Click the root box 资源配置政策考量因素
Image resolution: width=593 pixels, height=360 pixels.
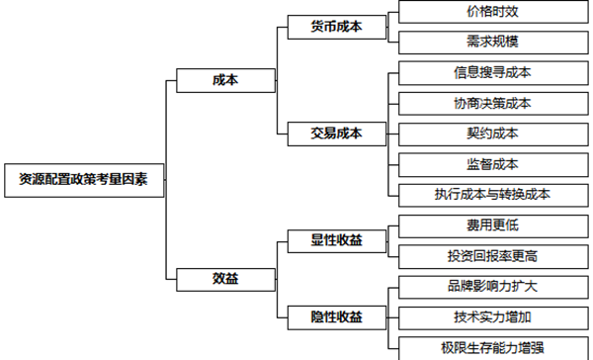[84, 180]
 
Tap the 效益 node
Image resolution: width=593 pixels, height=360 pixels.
[225, 279]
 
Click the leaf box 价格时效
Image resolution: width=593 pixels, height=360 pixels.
[492, 13]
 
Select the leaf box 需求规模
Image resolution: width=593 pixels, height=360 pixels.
[492, 43]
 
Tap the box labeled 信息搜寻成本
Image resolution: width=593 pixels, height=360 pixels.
[492, 72]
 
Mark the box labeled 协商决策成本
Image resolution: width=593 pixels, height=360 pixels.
[492, 103]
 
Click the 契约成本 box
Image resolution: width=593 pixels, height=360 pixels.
[492, 133]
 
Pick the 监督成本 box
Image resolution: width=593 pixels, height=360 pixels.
[492, 164]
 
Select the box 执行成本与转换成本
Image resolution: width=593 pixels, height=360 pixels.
[492, 195]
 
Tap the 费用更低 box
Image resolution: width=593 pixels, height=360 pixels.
[492, 225]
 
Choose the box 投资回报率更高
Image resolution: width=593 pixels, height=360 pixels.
[492, 256]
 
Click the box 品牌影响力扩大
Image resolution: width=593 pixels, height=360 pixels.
[492, 287]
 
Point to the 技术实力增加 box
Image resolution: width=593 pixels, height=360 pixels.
[492, 316]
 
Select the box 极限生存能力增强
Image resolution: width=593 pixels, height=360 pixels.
[492, 347]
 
